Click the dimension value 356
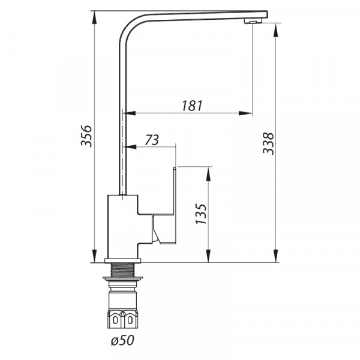point(86,136)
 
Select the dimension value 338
point(268,143)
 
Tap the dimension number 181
point(192,106)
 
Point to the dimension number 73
point(152,140)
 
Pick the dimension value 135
point(201,214)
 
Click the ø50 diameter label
point(122,340)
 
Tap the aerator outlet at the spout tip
point(253,21)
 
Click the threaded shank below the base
point(122,270)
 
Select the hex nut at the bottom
point(122,319)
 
